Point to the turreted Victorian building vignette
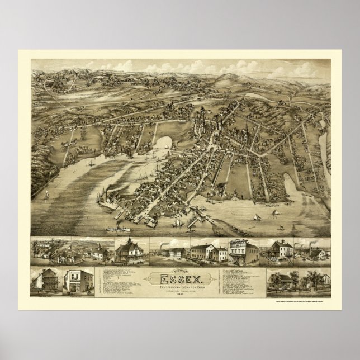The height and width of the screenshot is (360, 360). click(130, 250)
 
